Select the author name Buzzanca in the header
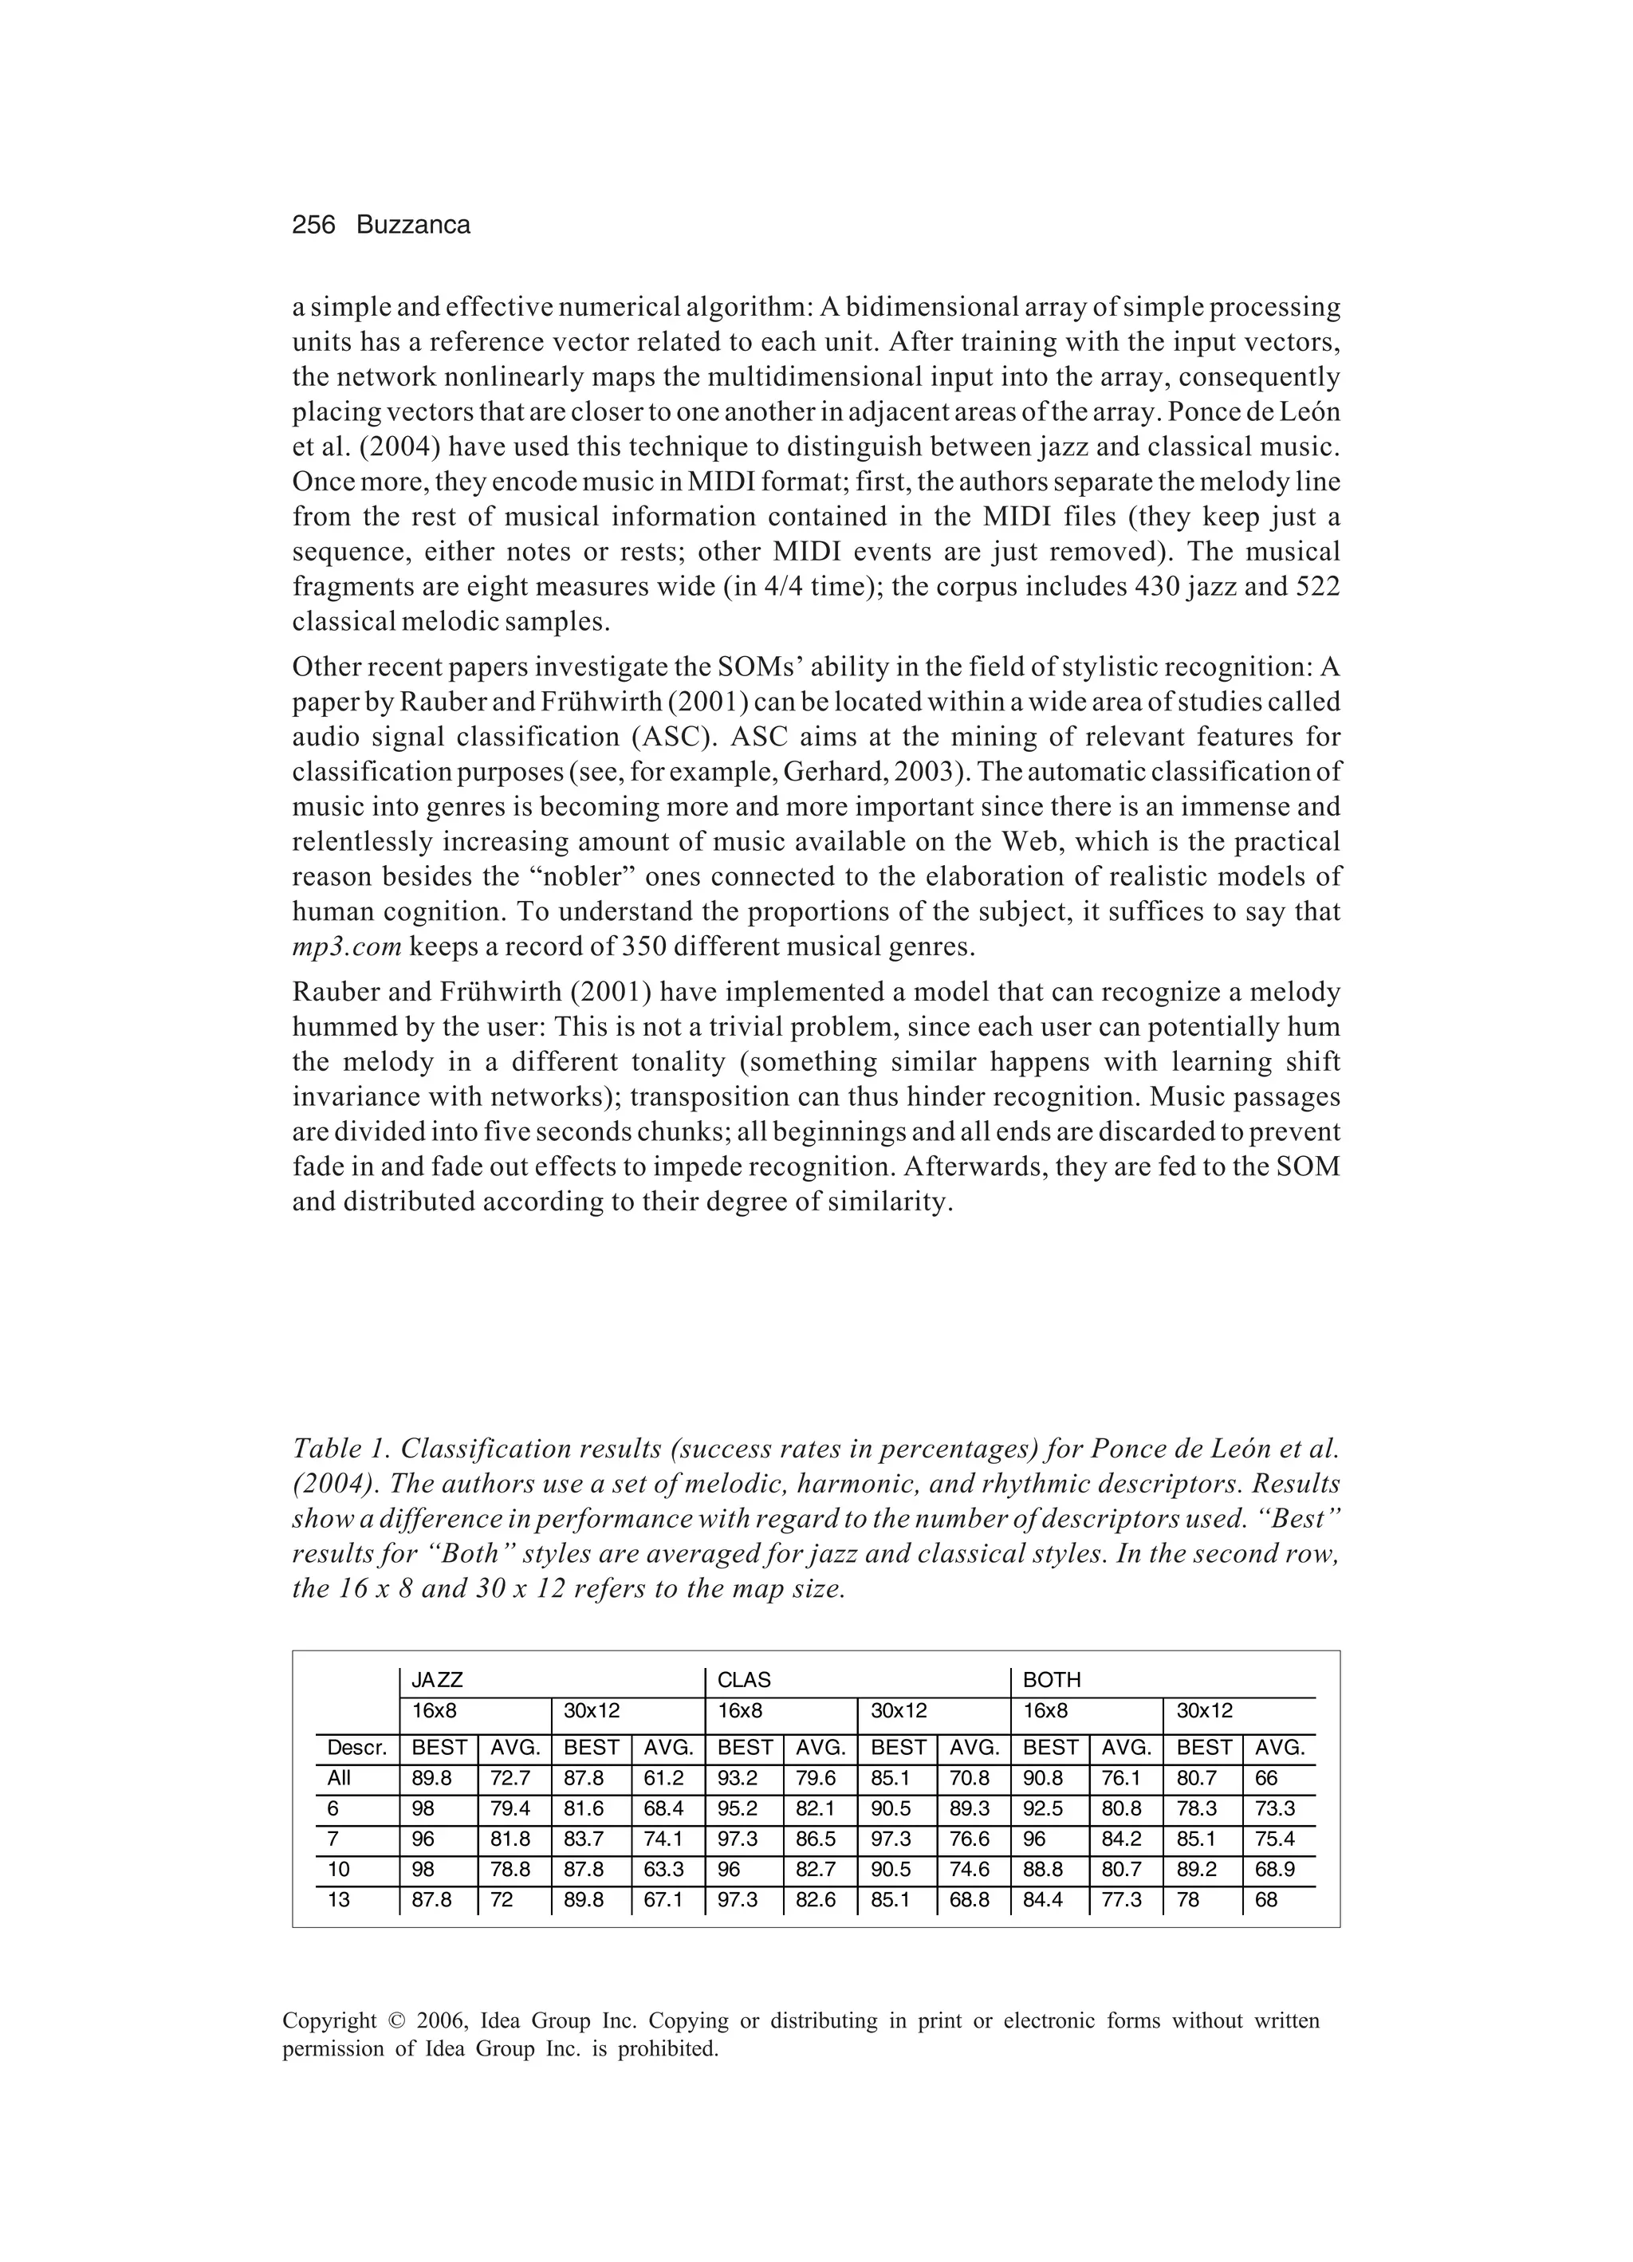pyautogui.click(x=413, y=226)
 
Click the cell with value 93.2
pyautogui.click(x=738, y=1778)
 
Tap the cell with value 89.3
pyautogui.click(x=969, y=1809)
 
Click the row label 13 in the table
pyautogui.click(x=339, y=1900)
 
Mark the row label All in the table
pyautogui.click(x=339, y=1778)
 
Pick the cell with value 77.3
pyautogui.click(x=1121, y=1900)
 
